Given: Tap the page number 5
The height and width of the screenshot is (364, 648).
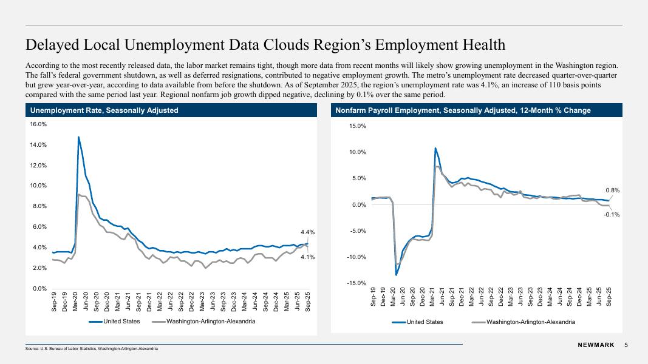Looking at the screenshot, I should pyautogui.click(x=626, y=345).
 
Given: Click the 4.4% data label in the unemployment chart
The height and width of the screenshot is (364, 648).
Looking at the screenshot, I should pyautogui.click(x=307, y=232).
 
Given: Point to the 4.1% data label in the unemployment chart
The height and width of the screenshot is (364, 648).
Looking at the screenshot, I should pyautogui.click(x=307, y=257).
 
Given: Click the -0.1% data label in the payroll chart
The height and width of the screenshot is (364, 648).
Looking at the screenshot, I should pyautogui.click(x=611, y=214).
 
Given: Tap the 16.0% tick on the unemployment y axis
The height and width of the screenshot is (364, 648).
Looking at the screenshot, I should pyautogui.click(x=38, y=124).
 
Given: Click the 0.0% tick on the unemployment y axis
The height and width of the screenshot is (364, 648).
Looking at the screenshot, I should pyautogui.click(x=39, y=289).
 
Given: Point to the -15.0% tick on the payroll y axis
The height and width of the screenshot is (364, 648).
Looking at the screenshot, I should pyautogui.click(x=356, y=283).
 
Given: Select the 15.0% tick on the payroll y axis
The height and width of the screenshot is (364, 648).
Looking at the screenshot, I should pyautogui.click(x=357, y=126).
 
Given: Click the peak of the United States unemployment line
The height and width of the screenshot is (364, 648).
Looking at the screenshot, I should pyautogui.click(x=78, y=137).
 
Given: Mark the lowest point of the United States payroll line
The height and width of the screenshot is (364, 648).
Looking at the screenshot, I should pyautogui.click(x=396, y=275).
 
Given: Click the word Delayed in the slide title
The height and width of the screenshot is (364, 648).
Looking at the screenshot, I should pyautogui.click(x=53, y=45).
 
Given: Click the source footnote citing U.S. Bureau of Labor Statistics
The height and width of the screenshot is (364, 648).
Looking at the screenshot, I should pyautogui.click(x=92, y=349).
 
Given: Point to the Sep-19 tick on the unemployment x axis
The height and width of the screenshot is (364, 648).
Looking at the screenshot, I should pyautogui.click(x=54, y=302).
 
